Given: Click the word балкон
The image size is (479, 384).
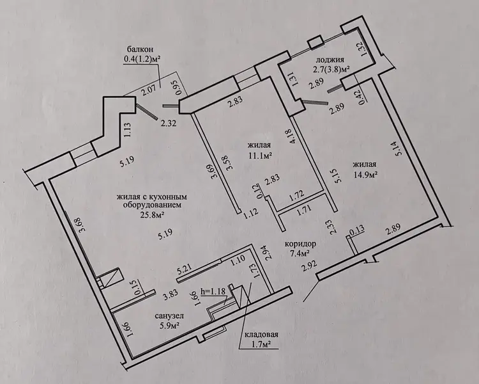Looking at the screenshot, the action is pos(141,49).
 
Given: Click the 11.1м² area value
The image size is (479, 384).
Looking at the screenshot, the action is pos(260,155).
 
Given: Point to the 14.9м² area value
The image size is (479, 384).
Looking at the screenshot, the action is pos(365,174).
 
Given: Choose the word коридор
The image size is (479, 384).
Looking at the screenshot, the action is pos(300,244).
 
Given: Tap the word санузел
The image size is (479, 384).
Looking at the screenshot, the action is pos(169,316).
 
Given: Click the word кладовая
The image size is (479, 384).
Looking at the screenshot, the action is pos(261,335).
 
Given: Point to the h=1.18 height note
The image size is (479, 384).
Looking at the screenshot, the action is pos(213,291).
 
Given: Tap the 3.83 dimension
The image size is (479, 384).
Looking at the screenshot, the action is pos(170,296).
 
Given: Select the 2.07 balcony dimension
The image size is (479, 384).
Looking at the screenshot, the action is pos(149,90).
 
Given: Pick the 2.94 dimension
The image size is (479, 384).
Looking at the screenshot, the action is pos(269,252).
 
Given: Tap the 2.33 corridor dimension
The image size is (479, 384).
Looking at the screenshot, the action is pos(331,228).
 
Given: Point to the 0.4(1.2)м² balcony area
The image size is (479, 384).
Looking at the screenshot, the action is pos(142,58).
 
